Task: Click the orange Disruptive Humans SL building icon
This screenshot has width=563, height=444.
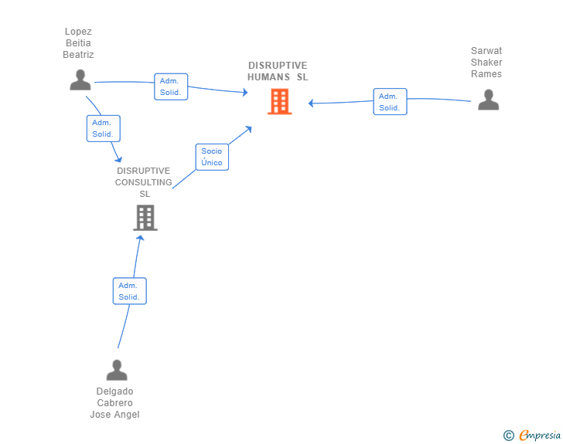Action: pyautogui.click(x=280, y=101)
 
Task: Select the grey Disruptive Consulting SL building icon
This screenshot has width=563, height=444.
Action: pyautogui.click(x=145, y=218)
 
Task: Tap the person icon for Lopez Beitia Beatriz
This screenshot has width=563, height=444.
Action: pyautogui.click(x=80, y=80)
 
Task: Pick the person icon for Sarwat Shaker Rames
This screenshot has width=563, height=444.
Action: pyautogui.click(x=489, y=100)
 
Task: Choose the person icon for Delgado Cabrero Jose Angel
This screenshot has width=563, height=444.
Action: pyautogui.click(x=117, y=370)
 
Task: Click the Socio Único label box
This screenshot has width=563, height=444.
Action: pyautogui.click(x=212, y=157)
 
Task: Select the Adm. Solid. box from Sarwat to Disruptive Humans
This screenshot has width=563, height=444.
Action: pyautogui.click(x=390, y=101)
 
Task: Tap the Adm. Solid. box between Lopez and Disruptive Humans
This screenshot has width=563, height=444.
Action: pyautogui.click(x=171, y=86)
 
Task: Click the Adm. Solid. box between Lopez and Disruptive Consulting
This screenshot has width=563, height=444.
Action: pyautogui.click(x=104, y=128)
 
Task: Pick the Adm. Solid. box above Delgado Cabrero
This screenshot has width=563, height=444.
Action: pyautogui.click(x=130, y=291)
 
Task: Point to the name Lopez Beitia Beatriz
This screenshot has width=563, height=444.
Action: pyautogui.click(x=78, y=43)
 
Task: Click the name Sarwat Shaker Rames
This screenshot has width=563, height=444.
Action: pyautogui.click(x=486, y=63)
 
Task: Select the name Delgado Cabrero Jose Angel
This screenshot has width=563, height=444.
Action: pyautogui.click(x=115, y=403)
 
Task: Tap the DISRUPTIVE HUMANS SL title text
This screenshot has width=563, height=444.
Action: pyautogui.click(x=278, y=71)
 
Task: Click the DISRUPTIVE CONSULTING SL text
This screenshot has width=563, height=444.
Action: pyautogui.click(x=144, y=182)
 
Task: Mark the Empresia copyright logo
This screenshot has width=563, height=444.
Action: pyautogui.click(x=532, y=435)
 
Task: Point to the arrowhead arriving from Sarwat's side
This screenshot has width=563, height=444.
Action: pyautogui.click(x=311, y=103)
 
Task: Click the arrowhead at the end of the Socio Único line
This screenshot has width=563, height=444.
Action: pyautogui.click(x=248, y=129)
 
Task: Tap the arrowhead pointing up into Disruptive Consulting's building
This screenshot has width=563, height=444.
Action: pyautogui.click(x=140, y=238)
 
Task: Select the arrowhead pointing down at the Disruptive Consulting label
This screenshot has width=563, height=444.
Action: pyautogui.click(x=119, y=159)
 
